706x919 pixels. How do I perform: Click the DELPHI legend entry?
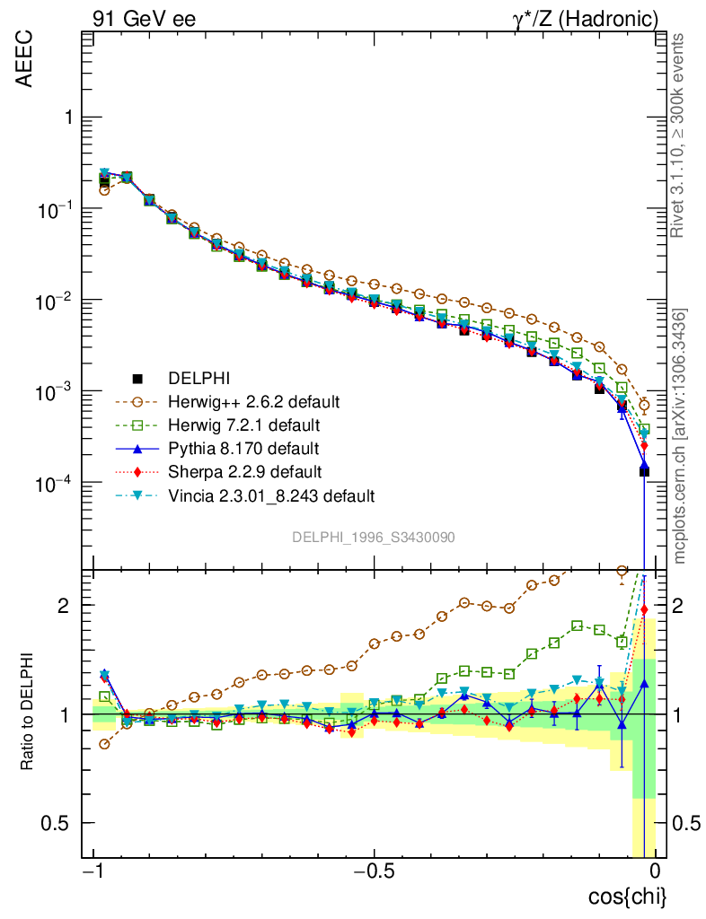coord(206,378)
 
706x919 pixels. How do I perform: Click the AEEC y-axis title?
coord(26,62)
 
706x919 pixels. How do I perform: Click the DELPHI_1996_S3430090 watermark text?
coord(374,537)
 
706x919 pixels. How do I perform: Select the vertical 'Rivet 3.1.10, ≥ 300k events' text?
coord(678,135)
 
